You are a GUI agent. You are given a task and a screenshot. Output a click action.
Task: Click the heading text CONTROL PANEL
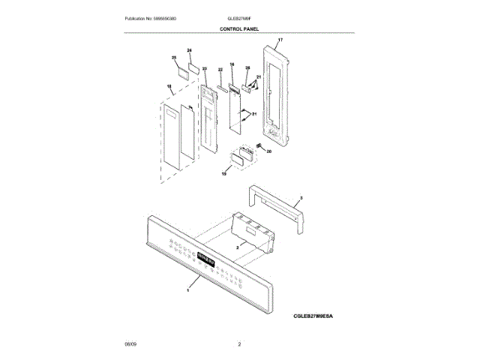tap(239, 28)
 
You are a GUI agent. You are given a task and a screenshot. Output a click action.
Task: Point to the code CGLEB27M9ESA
tap(313, 317)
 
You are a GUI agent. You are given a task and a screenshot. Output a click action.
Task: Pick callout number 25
tap(174, 58)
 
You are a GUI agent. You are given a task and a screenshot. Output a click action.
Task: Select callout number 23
tap(204, 69)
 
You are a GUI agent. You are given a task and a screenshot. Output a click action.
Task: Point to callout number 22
tap(220, 70)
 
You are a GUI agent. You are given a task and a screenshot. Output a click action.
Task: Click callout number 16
tap(232, 65)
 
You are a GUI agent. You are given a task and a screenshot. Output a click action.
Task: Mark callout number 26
tap(247, 67)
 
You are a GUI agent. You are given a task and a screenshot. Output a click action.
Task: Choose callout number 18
tap(169, 88)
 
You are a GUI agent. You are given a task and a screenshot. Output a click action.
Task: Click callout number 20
tap(269, 151)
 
